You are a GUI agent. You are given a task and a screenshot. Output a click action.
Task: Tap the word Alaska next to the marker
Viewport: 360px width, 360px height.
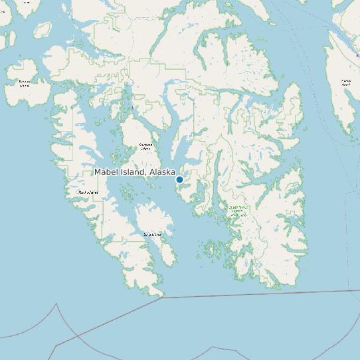point(162,172)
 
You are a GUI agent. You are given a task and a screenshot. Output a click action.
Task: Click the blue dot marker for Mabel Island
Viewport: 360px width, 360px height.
point(179,179)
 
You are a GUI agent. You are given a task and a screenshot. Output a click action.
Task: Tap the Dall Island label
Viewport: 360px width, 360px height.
point(88,193)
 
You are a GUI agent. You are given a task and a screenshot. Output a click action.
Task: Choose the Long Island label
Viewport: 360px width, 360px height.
point(152,234)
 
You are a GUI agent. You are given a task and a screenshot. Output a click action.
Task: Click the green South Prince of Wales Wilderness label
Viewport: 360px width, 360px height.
point(238,211)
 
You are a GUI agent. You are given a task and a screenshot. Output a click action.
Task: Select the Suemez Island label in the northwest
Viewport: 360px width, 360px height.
point(25,84)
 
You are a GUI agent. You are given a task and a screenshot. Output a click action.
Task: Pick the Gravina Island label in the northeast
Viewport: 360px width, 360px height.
point(345,83)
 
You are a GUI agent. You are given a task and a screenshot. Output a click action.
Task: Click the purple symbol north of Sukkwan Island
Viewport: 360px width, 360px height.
point(132,108)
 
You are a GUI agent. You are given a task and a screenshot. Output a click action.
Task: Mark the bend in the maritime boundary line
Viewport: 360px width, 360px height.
point(162,298)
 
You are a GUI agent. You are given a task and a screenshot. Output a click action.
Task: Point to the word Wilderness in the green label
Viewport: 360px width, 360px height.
point(238,215)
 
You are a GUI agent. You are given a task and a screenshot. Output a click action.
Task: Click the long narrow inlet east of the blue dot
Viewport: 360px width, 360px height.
point(217,173)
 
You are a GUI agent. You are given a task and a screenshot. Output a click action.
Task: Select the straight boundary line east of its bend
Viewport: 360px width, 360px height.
point(266,294)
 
